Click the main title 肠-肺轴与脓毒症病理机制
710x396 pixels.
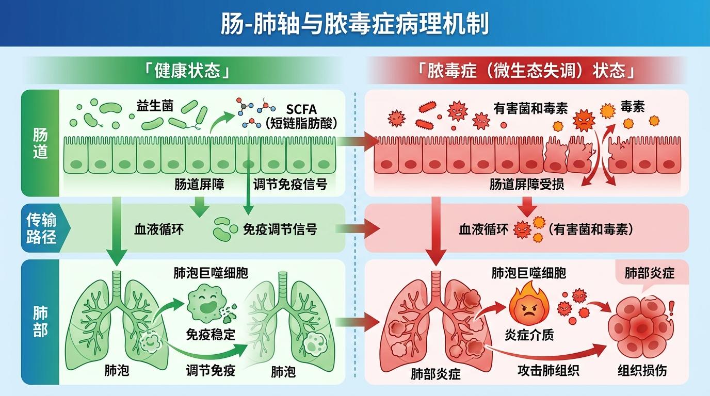coord(354,23)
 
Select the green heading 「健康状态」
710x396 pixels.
coord(187,70)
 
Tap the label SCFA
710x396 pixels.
coord(301,109)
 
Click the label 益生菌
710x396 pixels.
coord(155,106)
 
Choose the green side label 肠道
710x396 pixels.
coord(40,143)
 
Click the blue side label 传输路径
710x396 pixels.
coord(41,228)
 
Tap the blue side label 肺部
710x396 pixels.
coord(40,322)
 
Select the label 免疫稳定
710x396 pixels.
coord(211,335)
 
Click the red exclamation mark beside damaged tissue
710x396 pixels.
coord(671,308)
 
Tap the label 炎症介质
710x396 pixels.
coord(529,335)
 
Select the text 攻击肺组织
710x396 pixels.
coord(548,370)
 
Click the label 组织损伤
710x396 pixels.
coord(642,370)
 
